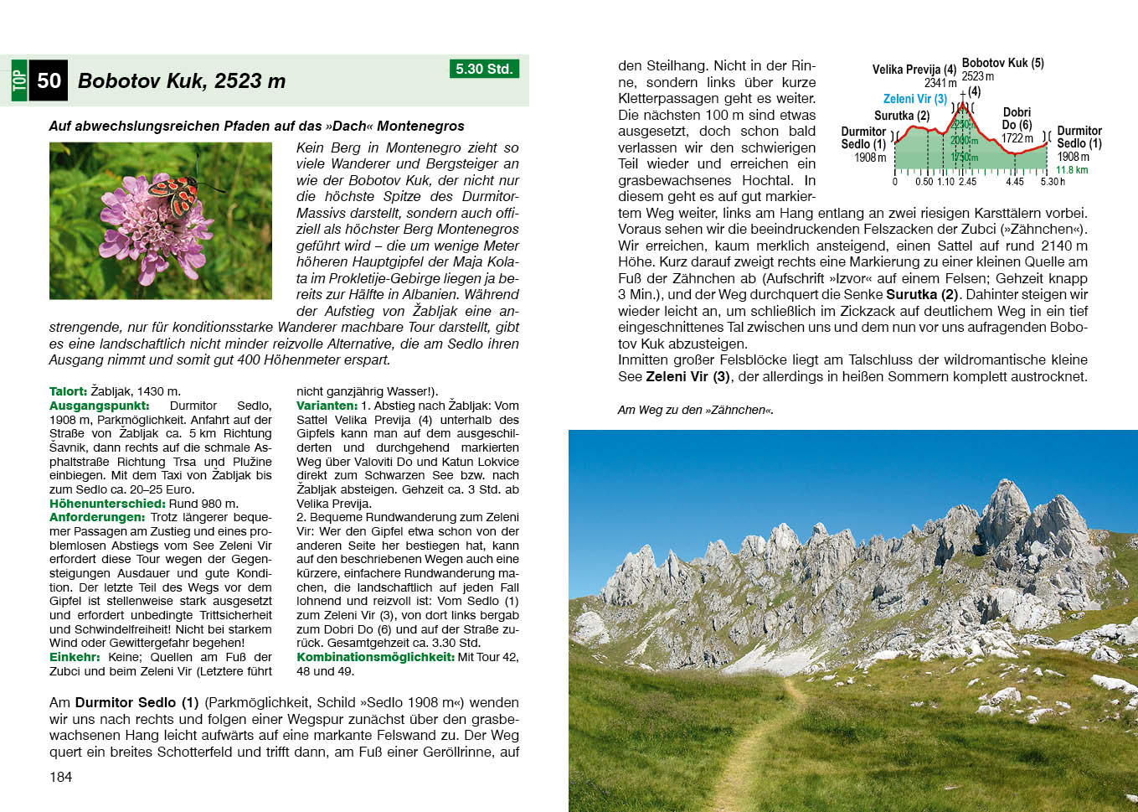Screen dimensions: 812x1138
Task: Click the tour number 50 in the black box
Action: point(49,81)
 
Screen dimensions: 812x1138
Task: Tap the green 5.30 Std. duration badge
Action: point(484,69)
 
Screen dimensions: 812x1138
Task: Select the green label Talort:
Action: point(68,391)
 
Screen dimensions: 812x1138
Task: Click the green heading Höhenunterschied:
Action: point(107,504)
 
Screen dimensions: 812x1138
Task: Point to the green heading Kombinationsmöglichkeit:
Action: point(375,657)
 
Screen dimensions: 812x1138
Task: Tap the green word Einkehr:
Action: point(75,657)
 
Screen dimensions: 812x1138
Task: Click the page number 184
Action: point(61,777)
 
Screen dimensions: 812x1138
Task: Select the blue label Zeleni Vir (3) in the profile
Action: point(914,99)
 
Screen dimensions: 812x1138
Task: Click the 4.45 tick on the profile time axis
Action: point(1014,182)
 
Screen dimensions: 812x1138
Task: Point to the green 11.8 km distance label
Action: point(1072,170)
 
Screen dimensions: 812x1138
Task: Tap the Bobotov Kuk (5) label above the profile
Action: point(1002,63)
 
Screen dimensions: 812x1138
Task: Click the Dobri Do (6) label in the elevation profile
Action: point(1017,118)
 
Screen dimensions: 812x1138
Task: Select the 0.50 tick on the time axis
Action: point(924,182)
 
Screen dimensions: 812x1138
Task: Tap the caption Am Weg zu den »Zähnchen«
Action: point(695,410)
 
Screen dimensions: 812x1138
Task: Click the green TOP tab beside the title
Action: point(19,81)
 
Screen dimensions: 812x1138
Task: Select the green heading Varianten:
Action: point(327,406)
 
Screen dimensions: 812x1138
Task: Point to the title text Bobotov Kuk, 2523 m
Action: point(182,81)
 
